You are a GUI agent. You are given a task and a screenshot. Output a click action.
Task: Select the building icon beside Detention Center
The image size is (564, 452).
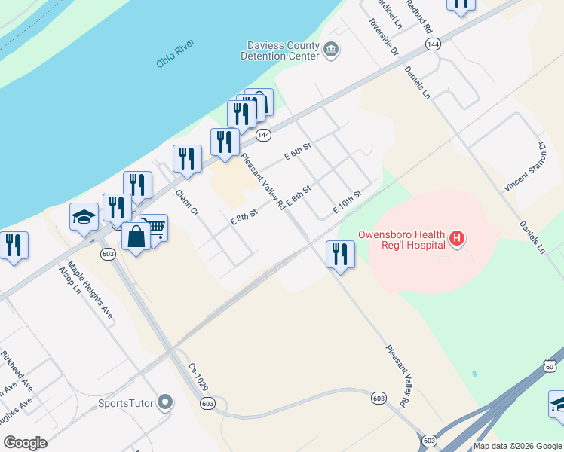click(330, 50)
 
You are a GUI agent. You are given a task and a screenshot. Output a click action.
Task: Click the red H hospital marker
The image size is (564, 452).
click(456, 240)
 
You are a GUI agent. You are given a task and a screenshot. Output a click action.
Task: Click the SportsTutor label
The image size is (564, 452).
click(126, 403)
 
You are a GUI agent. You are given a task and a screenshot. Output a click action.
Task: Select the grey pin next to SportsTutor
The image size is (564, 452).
click(166, 403)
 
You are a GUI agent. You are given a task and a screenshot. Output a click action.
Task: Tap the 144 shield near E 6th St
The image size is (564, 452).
click(262, 135)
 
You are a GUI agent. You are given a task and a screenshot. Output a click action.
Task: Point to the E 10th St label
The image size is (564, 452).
click(348, 201)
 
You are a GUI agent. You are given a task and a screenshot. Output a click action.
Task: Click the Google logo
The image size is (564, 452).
click(25, 443)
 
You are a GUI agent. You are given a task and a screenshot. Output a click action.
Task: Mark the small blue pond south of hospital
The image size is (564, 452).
click(474, 374)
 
